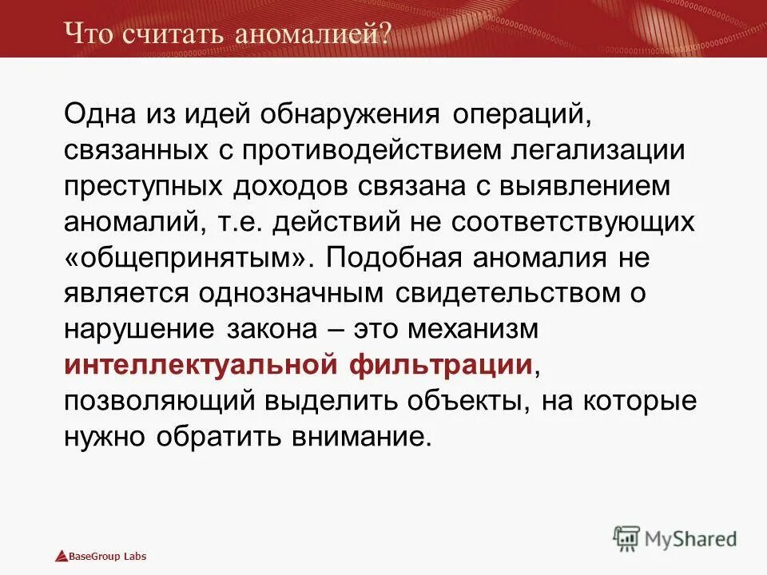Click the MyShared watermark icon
pos(626,538)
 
